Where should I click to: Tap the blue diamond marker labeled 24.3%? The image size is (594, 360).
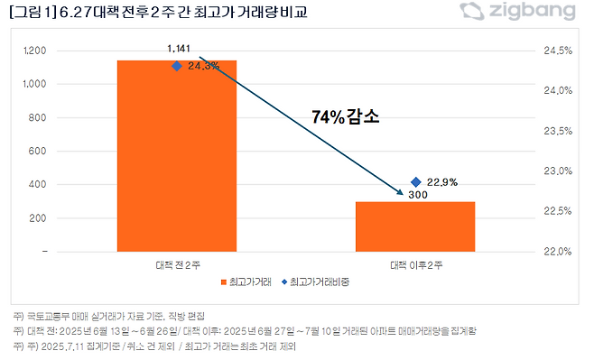[177, 66]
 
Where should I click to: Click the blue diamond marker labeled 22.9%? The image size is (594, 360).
[415, 182]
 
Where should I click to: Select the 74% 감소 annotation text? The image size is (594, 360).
[347, 117]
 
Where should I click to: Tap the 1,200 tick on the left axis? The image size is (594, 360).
[35, 51]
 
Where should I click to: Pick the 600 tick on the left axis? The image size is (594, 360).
[39, 152]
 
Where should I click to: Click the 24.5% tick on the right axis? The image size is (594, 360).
[560, 51]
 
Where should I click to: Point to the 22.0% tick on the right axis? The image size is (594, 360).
[560, 252]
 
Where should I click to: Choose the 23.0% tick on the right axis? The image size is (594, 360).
[560, 171]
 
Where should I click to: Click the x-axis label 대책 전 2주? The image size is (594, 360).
[177, 265]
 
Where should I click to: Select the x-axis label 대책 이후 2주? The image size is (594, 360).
[415, 265]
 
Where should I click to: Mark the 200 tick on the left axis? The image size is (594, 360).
[39, 218]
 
